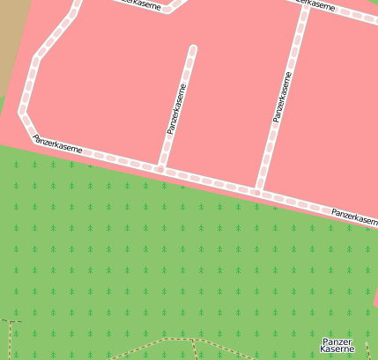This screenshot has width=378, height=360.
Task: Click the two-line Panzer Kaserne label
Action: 337,345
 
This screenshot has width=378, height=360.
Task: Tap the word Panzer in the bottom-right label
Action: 337,341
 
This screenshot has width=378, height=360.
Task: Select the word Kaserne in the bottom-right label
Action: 337,349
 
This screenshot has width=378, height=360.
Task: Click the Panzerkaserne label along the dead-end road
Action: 176,109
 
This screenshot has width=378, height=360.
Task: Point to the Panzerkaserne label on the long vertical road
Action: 282,96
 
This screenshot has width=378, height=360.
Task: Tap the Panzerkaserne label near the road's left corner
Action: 58,144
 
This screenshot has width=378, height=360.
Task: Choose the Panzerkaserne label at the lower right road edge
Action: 354,216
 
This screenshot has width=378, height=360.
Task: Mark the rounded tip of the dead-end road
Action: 192,49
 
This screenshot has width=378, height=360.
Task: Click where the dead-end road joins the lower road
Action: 159,167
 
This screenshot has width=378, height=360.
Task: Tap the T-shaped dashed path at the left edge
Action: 11,323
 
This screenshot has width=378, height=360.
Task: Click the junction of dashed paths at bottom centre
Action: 192,339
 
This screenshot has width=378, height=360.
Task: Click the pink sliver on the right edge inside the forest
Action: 374,300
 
